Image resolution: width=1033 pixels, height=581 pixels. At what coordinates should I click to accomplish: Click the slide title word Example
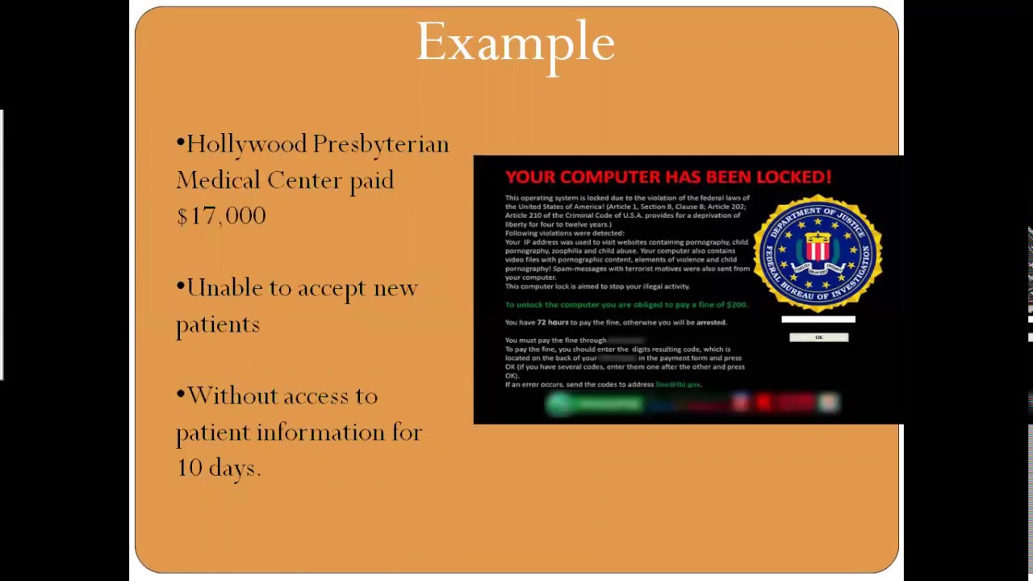(x=515, y=44)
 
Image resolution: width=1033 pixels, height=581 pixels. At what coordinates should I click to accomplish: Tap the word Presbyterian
(x=380, y=145)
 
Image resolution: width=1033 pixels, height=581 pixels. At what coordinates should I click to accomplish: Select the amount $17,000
(x=221, y=216)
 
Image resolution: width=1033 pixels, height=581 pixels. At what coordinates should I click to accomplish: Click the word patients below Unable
(x=218, y=325)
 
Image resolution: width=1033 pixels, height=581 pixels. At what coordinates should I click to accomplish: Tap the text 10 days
(x=218, y=468)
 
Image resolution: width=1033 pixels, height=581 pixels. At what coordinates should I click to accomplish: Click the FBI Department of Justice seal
(x=818, y=253)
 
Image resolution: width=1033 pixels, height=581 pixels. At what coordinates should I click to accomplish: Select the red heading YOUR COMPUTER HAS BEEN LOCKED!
(x=667, y=177)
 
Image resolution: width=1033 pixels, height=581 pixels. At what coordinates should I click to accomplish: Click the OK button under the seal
(x=818, y=337)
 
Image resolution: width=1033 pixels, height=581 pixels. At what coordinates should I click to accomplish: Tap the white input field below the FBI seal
(x=818, y=320)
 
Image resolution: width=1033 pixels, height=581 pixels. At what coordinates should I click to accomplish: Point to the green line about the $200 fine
(x=626, y=305)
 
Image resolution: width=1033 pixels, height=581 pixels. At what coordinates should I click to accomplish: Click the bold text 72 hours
(x=552, y=323)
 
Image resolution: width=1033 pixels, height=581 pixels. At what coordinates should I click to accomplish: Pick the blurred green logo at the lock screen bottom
(x=593, y=403)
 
